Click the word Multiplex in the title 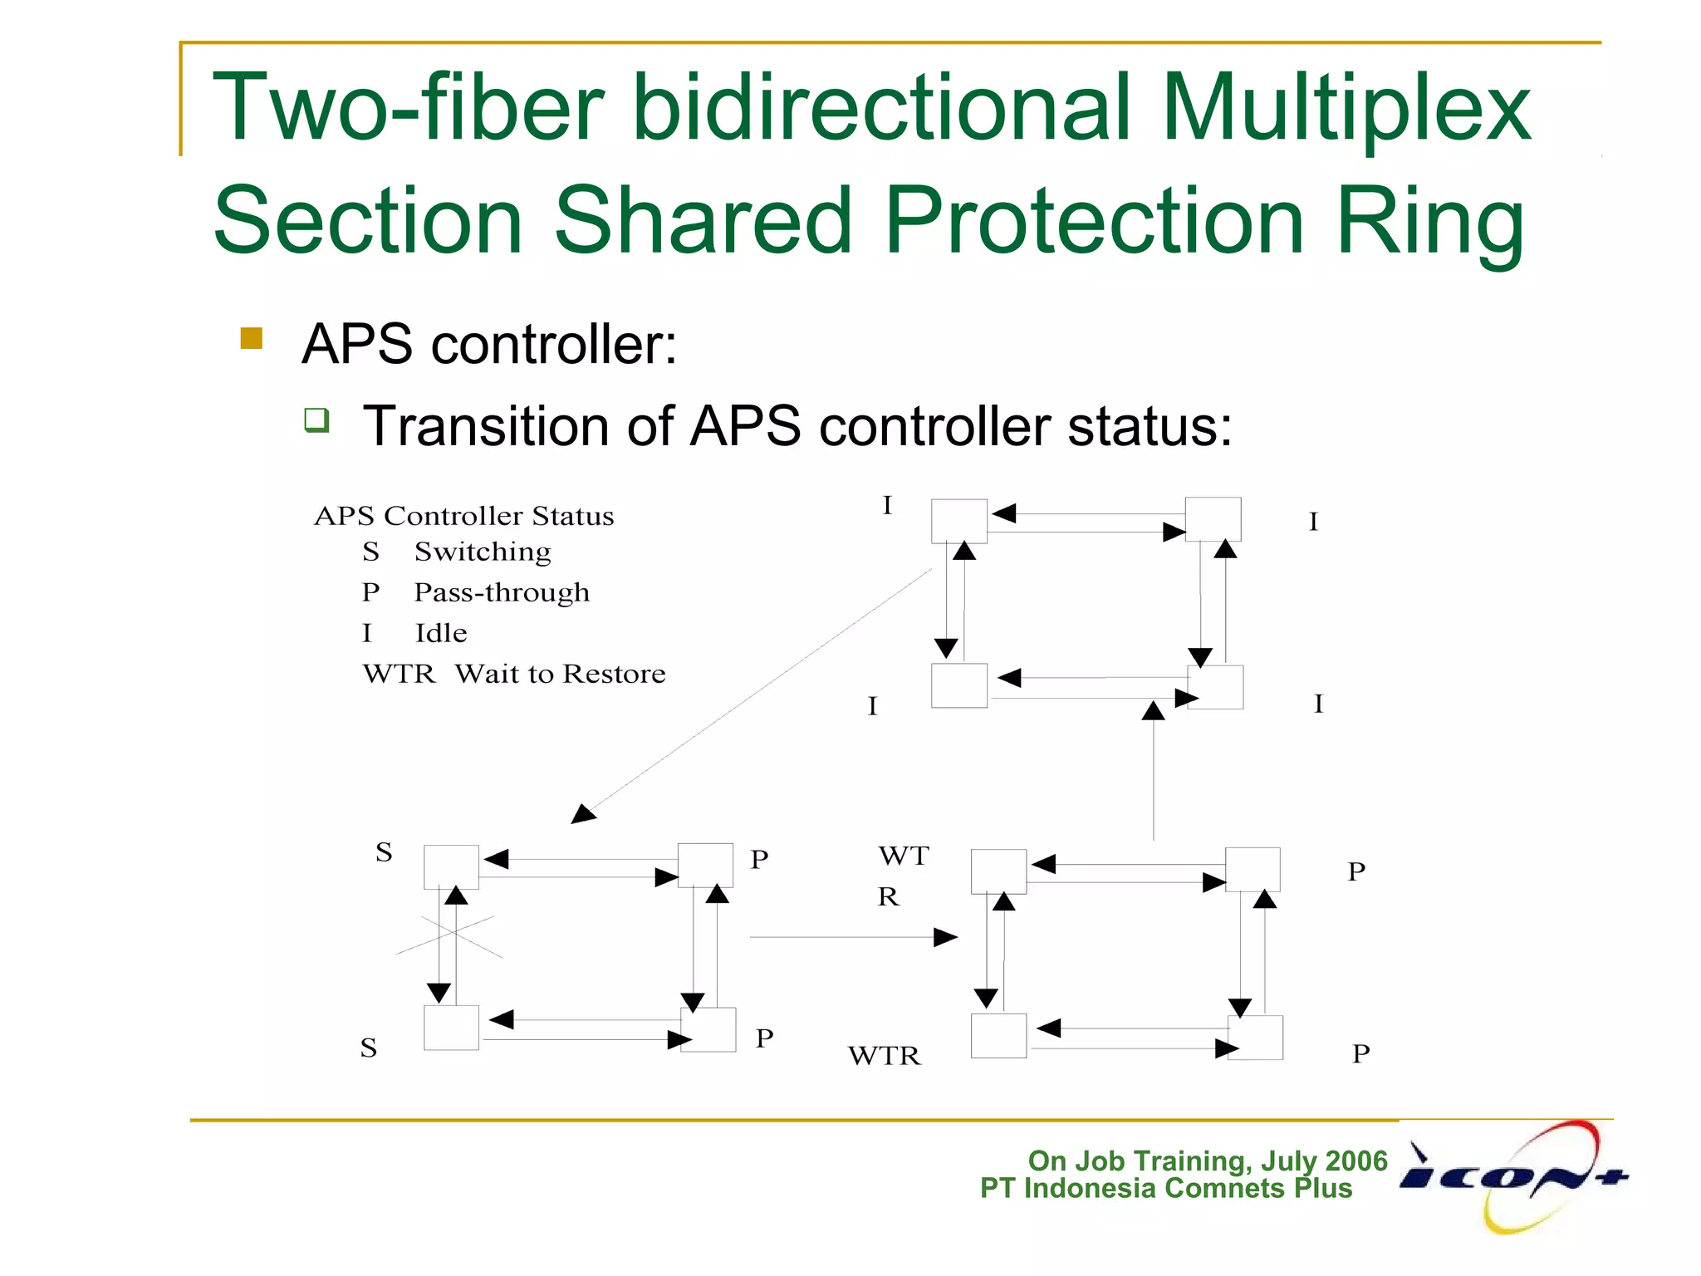tap(1346, 108)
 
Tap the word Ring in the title tap(1430, 221)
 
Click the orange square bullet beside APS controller tap(251, 338)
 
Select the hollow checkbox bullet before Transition tap(316, 420)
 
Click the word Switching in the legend tap(483, 552)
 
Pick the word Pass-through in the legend tap(502, 592)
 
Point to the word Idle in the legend tap(441, 633)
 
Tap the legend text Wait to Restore tap(560, 674)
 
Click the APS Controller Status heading tap(463, 516)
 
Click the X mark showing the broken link tap(449, 936)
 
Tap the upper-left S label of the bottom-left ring tap(384, 852)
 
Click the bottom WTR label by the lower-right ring tap(885, 1056)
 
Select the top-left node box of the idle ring tap(958, 521)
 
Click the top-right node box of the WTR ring tap(1252, 870)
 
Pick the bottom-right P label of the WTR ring tap(1360, 1053)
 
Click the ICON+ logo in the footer tap(1513, 1176)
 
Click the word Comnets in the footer tap(1225, 1188)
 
